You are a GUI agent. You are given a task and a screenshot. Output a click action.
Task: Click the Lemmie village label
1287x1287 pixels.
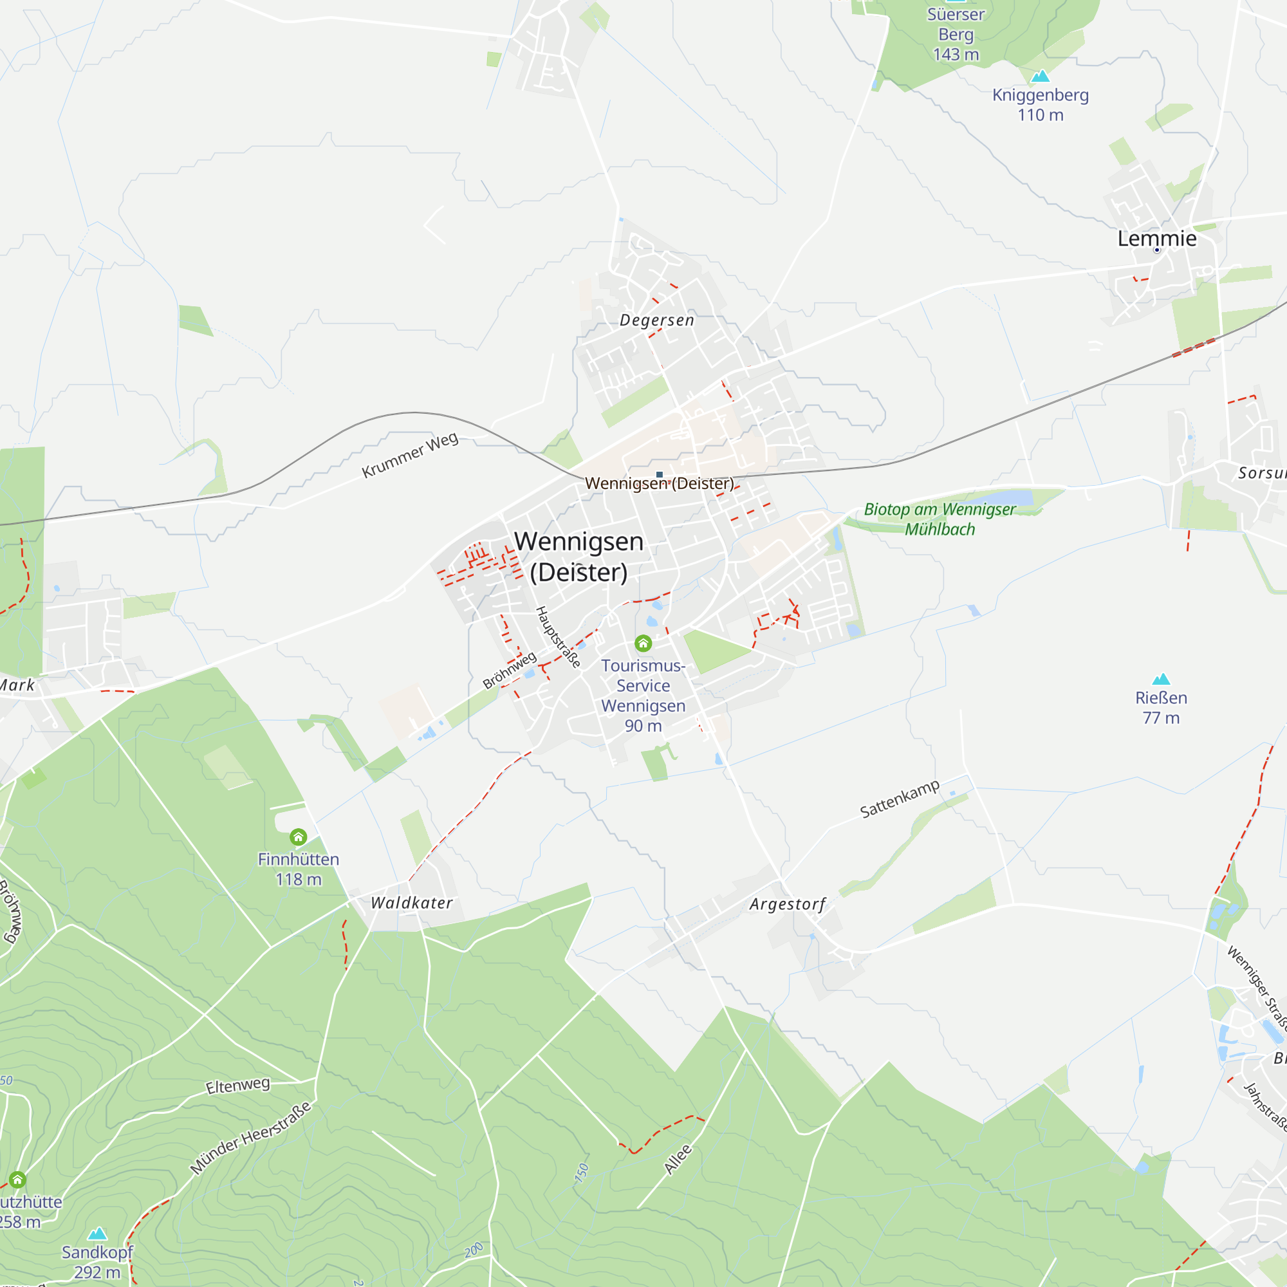pyautogui.click(x=1156, y=239)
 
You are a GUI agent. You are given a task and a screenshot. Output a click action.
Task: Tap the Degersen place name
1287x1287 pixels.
pyautogui.click(x=657, y=320)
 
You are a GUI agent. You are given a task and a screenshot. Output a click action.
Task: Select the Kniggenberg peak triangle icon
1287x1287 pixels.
pyautogui.click(x=1040, y=77)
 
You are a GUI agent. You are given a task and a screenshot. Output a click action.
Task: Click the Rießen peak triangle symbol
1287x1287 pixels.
pyautogui.click(x=1161, y=679)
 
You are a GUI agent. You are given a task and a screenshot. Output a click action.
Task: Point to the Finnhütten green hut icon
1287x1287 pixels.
pyautogui.click(x=299, y=836)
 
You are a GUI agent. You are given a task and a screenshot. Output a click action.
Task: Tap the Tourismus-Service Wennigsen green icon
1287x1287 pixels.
pyautogui.click(x=643, y=643)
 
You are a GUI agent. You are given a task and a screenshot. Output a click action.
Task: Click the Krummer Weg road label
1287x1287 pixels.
pyautogui.click(x=410, y=455)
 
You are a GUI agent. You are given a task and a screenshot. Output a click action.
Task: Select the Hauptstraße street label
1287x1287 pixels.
pyautogui.click(x=558, y=637)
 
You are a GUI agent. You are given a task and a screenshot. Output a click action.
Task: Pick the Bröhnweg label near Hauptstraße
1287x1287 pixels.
pyautogui.click(x=509, y=670)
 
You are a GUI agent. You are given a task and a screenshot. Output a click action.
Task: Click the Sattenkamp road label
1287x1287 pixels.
pyautogui.click(x=900, y=799)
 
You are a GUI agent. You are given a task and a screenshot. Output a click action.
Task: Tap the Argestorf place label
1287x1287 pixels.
pyautogui.click(x=788, y=905)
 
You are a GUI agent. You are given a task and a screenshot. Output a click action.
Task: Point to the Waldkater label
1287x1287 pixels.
pyautogui.click(x=412, y=903)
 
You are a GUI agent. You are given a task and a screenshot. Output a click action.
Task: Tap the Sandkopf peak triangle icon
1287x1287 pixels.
pyautogui.click(x=97, y=1233)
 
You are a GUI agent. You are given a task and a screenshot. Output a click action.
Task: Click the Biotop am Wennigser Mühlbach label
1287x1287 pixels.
pyautogui.click(x=940, y=519)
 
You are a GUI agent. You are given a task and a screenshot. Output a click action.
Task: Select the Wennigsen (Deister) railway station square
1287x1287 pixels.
pyautogui.click(x=660, y=475)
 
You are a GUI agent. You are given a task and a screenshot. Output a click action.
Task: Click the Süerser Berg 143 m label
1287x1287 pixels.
pyautogui.click(x=956, y=34)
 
